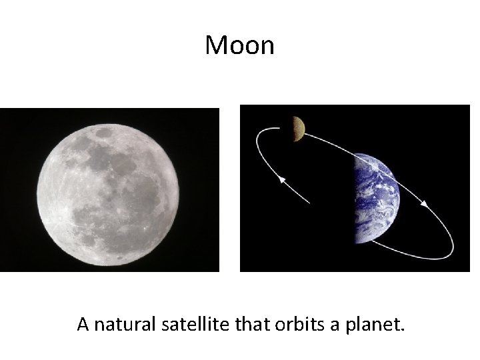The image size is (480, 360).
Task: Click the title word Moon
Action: coord(239,46)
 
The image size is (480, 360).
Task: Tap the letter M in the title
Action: coord(217,46)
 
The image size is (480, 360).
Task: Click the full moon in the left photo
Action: coord(108,189)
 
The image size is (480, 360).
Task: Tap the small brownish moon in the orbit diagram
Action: coord(297,129)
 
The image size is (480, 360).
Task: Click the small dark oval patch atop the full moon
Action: coord(103,133)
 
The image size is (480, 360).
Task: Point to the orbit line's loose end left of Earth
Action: coord(309,201)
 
